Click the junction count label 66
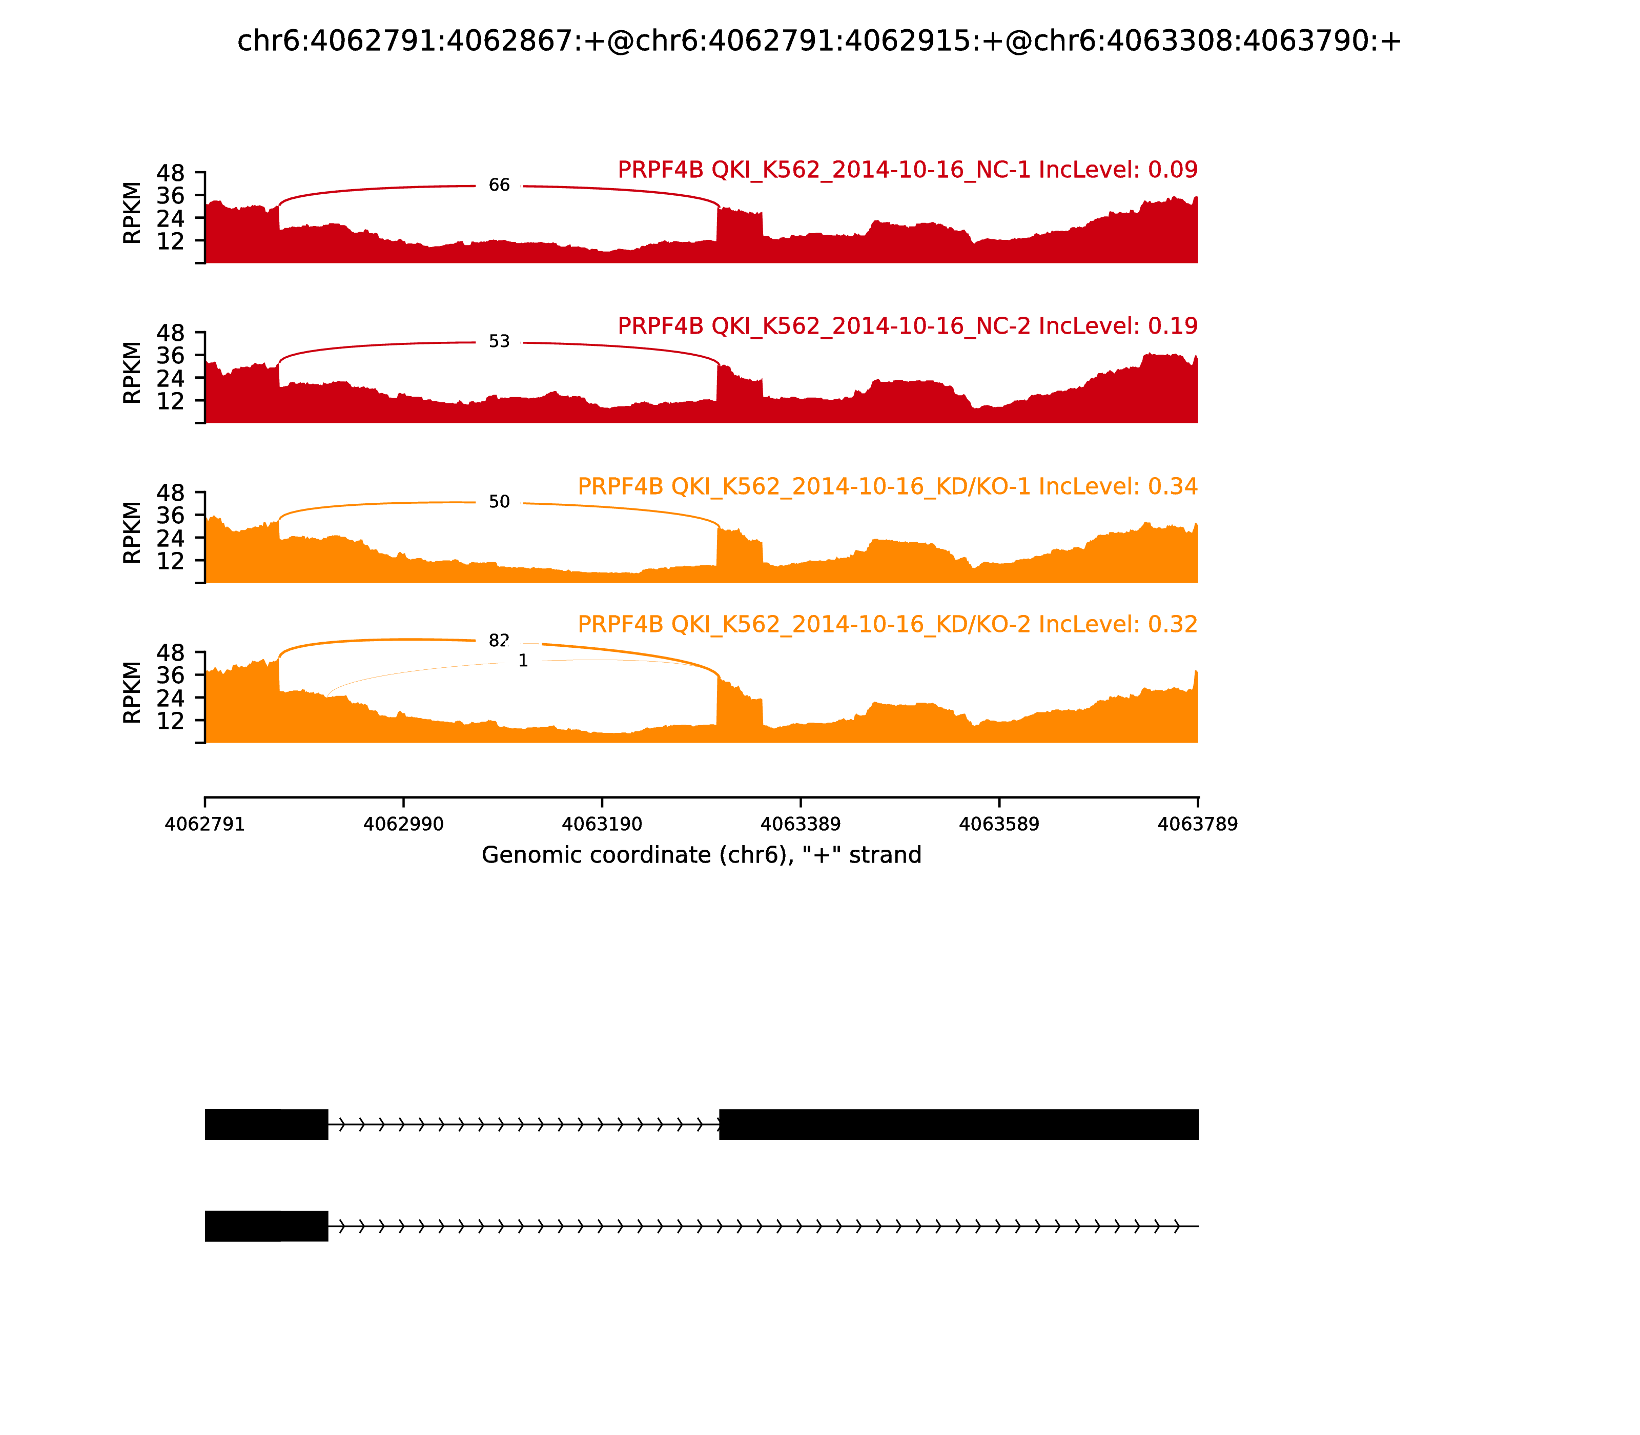coord(499,186)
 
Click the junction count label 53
coord(499,342)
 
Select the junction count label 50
coord(499,502)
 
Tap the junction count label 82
coord(499,641)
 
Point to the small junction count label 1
coord(523,661)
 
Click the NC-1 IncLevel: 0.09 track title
coord(907,170)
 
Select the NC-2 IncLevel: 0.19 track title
coord(907,326)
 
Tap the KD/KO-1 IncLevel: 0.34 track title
coord(887,486)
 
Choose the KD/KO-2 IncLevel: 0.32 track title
coord(887,624)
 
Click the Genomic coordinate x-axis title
coord(702,855)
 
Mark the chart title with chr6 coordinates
coord(819,41)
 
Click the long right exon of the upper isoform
coord(958,1124)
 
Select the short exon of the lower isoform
coord(266,1226)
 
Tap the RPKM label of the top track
coord(132,213)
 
